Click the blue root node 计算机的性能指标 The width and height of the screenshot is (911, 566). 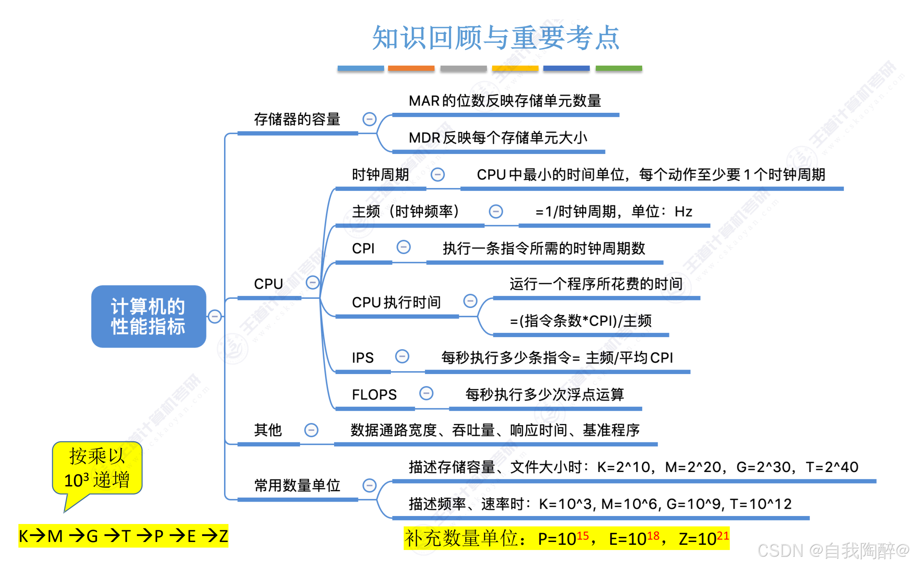coord(148,316)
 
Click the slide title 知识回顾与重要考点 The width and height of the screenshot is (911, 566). coord(496,38)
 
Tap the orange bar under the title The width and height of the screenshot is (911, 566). coord(411,68)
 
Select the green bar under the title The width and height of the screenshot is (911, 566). coord(619,68)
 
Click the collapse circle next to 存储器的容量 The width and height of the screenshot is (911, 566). coord(369,119)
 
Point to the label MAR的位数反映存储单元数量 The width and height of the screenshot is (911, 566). coord(505,101)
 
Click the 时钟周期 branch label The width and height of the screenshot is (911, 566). coord(380,175)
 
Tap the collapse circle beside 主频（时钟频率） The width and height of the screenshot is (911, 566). coord(496,211)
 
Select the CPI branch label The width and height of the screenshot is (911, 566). coord(363,248)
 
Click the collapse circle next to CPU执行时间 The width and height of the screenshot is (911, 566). coord(470,301)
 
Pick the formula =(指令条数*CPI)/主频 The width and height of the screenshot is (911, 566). coord(581,321)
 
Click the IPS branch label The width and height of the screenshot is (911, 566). coord(362,358)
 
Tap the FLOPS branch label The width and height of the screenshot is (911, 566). coord(374,395)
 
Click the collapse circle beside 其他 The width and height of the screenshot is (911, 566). coord(311,430)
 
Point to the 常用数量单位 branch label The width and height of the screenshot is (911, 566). coord(297,485)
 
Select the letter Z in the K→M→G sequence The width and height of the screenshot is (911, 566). coord(223,536)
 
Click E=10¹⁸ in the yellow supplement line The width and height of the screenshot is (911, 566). coord(634,538)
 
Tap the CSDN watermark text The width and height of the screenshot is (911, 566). coord(832,550)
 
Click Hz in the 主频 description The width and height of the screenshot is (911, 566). coord(683,212)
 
